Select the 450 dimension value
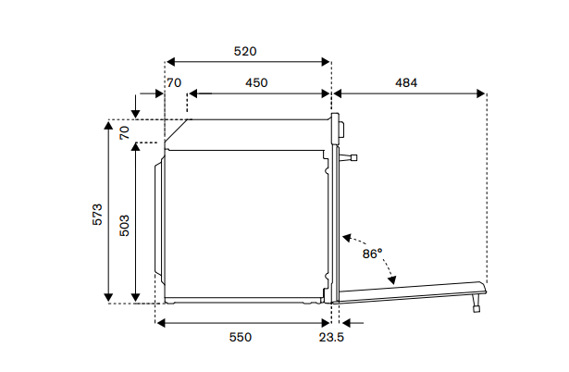click(x=256, y=82)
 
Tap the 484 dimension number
click(x=406, y=82)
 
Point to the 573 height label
click(x=98, y=214)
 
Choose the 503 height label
click(x=124, y=224)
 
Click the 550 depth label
click(x=240, y=338)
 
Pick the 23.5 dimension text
click(x=331, y=338)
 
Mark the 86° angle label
click(x=372, y=253)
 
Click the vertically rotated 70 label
click(x=125, y=131)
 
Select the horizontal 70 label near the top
click(x=174, y=82)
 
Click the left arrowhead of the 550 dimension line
click(x=160, y=323)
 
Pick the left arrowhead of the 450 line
click(x=192, y=93)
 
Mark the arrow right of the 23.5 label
click(x=347, y=323)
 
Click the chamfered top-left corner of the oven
click(x=178, y=130)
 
